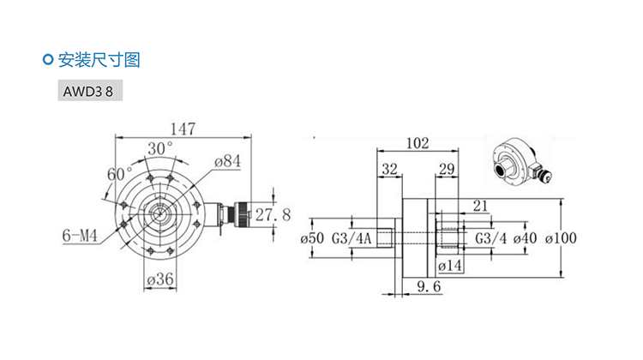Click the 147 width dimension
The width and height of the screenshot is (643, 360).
(x=183, y=129)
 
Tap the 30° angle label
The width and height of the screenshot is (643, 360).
(x=160, y=148)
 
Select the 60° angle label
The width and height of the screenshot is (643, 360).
(x=120, y=174)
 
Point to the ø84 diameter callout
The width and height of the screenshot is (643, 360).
(x=227, y=161)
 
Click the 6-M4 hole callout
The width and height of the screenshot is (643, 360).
(x=80, y=236)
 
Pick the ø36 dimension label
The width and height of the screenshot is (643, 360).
(x=160, y=279)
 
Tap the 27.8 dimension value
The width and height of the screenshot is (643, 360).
(x=273, y=214)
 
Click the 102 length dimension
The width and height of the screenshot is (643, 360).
(x=418, y=143)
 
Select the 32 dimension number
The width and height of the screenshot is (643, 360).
(x=389, y=169)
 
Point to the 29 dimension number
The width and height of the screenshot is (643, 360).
(x=447, y=169)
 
